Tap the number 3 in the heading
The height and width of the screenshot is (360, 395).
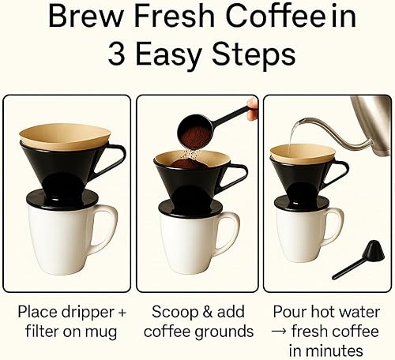[x=119, y=55]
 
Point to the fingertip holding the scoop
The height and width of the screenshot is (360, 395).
[x=252, y=106]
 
